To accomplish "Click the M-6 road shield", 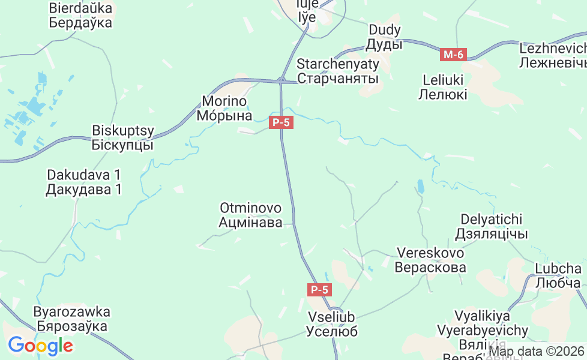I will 453,55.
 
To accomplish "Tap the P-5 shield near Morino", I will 281,123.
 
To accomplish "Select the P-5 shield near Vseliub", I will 319,290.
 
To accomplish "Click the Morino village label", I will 224,108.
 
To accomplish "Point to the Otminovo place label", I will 250,215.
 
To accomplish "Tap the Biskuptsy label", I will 123,137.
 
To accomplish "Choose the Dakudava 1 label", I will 84,182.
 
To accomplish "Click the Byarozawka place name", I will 72,319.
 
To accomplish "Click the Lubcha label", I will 558,275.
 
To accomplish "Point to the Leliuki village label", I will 444,86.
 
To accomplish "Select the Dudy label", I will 384,37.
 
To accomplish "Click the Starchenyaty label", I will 338,71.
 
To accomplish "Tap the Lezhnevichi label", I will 553,55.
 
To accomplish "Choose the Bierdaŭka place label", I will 81,16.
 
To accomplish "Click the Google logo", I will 40,346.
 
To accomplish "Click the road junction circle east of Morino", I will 281,80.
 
